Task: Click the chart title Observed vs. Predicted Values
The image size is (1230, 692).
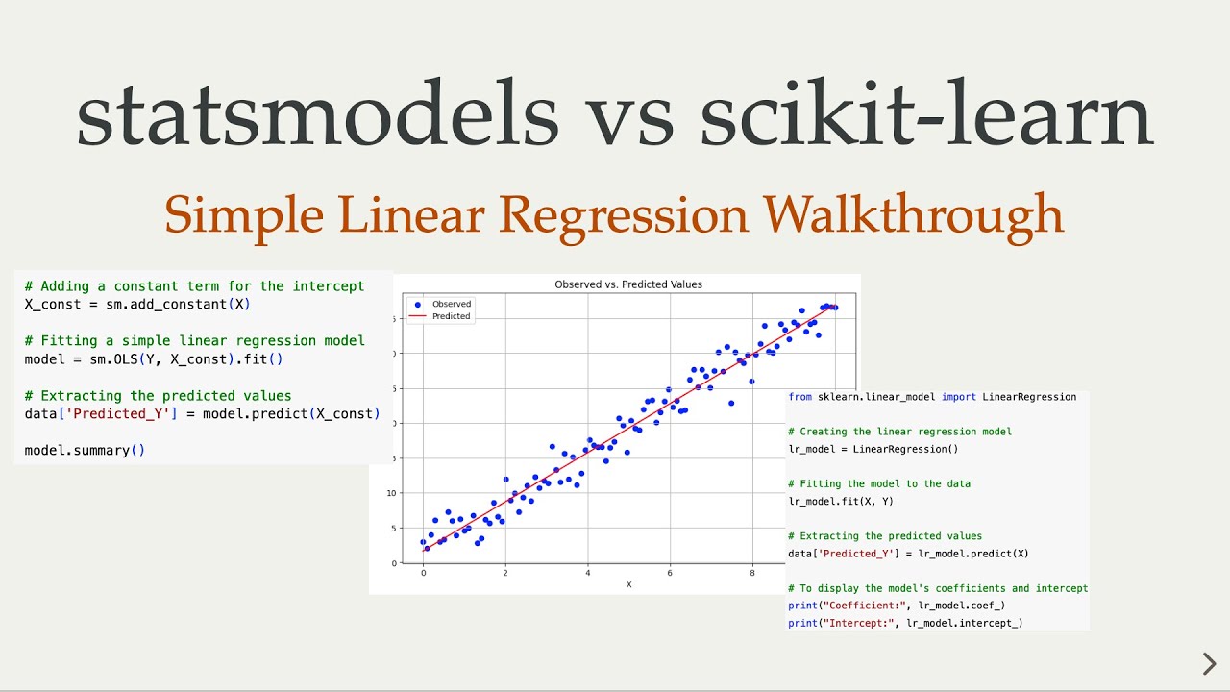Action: (x=628, y=284)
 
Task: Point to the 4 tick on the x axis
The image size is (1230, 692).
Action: (x=587, y=573)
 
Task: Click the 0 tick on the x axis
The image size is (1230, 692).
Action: (x=423, y=573)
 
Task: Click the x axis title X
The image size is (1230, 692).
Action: (x=628, y=584)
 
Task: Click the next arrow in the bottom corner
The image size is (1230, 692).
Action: (x=1209, y=663)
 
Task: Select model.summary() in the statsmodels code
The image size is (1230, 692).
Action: (x=85, y=451)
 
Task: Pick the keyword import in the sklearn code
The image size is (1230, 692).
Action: (x=961, y=397)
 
